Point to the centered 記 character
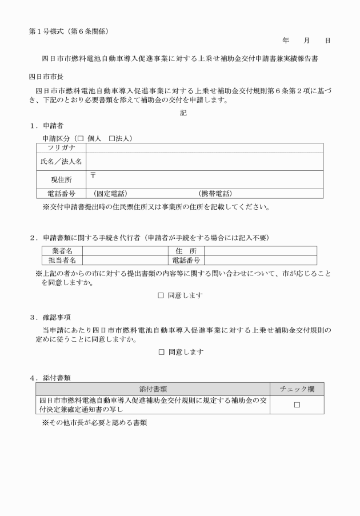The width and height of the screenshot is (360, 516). (x=183, y=113)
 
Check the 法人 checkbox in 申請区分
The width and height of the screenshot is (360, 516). (x=112, y=139)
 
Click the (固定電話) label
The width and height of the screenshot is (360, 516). (x=110, y=194)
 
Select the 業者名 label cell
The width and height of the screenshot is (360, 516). (x=62, y=250)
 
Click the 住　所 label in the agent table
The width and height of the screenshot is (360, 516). (x=186, y=250)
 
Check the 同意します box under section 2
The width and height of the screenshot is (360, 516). (x=161, y=295)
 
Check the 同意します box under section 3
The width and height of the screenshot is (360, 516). (x=161, y=352)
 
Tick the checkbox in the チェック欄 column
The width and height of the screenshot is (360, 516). (x=297, y=405)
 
